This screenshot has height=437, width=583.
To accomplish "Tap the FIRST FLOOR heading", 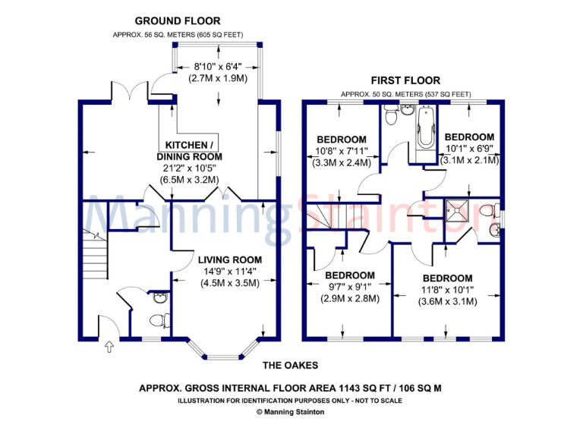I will point(405,80).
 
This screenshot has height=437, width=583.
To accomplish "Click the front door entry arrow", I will point(108,347).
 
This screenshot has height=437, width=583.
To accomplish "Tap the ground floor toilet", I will point(159,319).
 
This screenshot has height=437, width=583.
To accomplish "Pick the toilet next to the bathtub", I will point(391,117).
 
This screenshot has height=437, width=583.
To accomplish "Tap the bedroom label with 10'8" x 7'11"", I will point(342,140).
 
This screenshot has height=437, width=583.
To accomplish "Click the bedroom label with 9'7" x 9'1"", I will point(350,275).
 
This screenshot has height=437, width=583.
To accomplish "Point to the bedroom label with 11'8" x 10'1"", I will point(447,278).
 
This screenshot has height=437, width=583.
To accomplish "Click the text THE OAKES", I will point(291,365).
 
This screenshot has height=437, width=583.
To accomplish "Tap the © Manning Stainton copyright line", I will point(291,412).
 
